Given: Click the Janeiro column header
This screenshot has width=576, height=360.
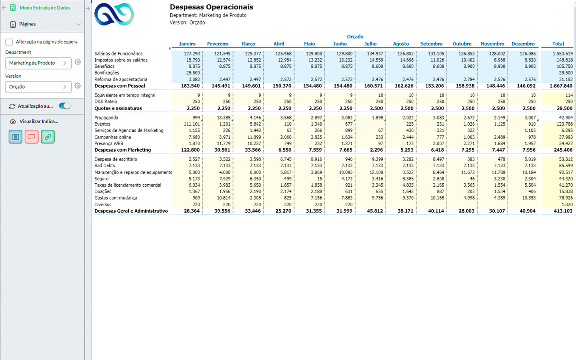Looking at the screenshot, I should pyautogui.click(x=187, y=44).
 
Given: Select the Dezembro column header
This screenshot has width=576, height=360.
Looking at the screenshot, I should pyautogui.click(x=523, y=44).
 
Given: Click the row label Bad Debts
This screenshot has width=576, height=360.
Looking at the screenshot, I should pyautogui.click(x=105, y=166).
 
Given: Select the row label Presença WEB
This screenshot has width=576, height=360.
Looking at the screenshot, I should pyautogui.click(x=109, y=144).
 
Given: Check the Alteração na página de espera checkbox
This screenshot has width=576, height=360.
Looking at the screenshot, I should pyautogui.click(x=9, y=42).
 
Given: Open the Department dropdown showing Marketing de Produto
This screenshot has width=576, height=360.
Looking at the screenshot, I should pyautogui.click(x=38, y=63).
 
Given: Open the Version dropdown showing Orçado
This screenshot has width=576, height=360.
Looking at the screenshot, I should pyautogui.click(x=38, y=87).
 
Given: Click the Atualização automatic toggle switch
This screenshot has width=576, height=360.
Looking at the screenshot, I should pyautogui.click(x=65, y=106).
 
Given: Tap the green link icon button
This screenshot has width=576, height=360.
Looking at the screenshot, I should pyautogui.click(x=47, y=137).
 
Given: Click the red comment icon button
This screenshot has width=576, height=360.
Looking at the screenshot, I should pyautogui.click(x=32, y=137).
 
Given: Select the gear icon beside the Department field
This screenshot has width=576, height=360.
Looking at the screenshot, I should pyautogui.click(x=78, y=62).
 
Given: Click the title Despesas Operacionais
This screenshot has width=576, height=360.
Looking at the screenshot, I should pyautogui.click(x=211, y=7).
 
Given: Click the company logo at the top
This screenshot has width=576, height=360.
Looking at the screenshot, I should pyautogui.click(x=114, y=14).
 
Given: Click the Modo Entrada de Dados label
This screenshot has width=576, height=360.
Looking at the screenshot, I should pyautogui.click(x=45, y=8).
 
